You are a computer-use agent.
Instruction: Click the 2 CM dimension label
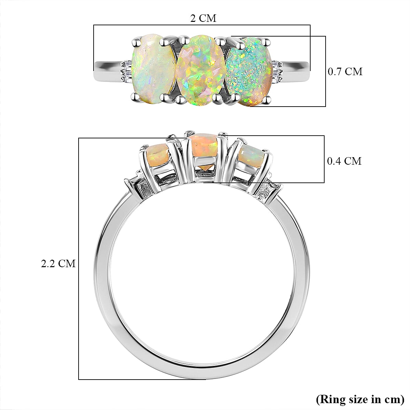203,18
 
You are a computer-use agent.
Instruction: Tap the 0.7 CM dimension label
345,71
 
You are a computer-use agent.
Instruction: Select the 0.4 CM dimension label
344,161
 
